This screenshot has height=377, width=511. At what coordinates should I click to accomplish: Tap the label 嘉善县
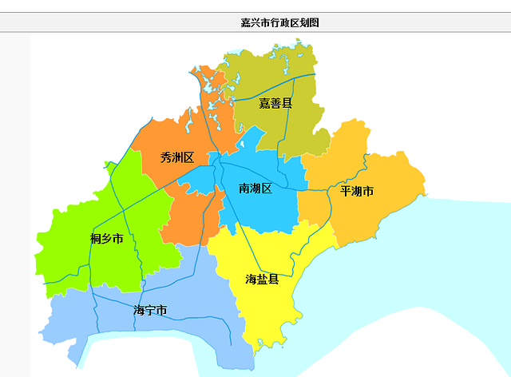(275, 104)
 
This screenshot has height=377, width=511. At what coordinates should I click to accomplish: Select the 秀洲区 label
(177, 157)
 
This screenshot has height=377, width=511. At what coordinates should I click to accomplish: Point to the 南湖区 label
(255, 188)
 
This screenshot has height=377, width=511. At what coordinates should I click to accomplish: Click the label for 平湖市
(357, 191)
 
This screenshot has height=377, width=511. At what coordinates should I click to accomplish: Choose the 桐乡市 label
(107, 239)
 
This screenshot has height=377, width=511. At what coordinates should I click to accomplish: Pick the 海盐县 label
(262, 279)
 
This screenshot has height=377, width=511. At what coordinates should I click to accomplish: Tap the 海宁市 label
(151, 310)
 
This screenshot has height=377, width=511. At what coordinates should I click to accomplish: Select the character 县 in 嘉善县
(287, 104)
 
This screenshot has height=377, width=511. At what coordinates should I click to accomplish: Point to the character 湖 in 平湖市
(357, 191)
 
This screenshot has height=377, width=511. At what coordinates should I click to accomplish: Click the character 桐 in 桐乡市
(96, 239)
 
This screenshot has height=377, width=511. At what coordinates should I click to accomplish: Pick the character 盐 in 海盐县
(262, 279)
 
